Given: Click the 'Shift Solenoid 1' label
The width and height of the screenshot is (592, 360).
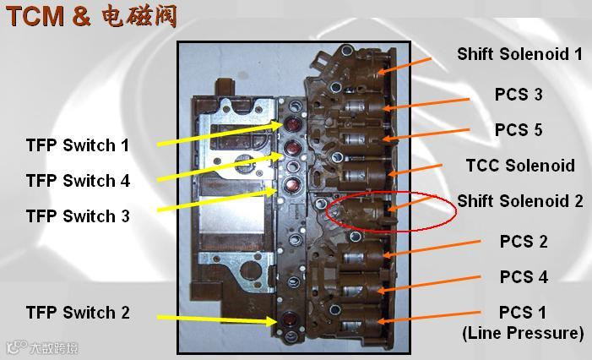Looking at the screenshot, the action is (x=519, y=54).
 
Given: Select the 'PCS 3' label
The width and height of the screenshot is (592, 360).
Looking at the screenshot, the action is (x=519, y=95).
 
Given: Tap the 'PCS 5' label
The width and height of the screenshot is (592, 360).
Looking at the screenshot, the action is (x=519, y=130).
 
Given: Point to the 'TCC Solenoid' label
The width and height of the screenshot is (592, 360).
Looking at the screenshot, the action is (x=520, y=166).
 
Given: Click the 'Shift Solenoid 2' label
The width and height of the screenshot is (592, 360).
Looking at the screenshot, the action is (x=519, y=201).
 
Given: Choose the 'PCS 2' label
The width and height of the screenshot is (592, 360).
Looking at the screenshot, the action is (x=524, y=242).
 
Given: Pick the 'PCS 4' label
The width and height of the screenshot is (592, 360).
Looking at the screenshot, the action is (x=524, y=277).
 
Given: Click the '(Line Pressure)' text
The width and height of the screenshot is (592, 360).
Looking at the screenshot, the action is (x=523, y=333).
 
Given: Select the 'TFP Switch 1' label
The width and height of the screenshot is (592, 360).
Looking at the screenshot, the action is (x=78, y=145).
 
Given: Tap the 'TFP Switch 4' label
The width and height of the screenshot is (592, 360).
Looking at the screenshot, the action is (x=78, y=181).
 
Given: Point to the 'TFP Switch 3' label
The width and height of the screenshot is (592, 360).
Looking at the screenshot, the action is (x=78, y=216).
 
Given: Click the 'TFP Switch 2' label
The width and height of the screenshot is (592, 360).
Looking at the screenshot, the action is (x=78, y=313).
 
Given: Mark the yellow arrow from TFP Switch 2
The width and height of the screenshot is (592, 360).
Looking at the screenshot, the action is (x=215, y=319).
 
